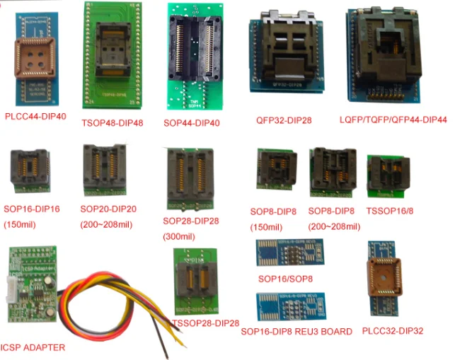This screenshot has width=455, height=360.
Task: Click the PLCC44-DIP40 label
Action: pyautogui.click(x=35, y=116)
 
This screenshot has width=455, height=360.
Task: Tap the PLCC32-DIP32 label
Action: pyautogui.click(x=391, y=330)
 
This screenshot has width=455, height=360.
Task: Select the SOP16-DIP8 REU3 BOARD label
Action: pyautogui.click(x=296, y=331)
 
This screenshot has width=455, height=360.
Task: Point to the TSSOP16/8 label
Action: pyautogui.click(x=389, y=210)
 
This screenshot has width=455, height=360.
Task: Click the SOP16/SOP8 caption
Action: pyautogui.click(x=286, y=277)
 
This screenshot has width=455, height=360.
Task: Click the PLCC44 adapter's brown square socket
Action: pyautogui.click(x=36, y=57)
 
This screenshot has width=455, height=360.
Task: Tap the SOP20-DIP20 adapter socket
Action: pyautogui.click(x=104, y=173)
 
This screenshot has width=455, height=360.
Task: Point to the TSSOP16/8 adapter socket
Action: pyautogui.click(x=385, y=174)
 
